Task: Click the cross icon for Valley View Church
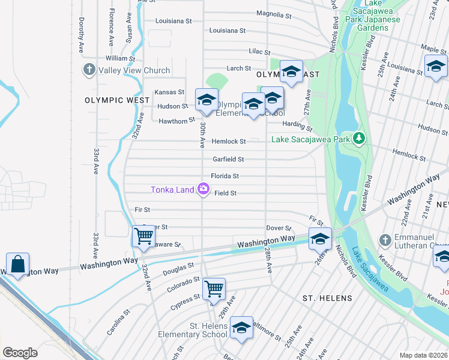89,70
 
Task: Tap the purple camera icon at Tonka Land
203,190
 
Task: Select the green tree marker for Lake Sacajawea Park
359,139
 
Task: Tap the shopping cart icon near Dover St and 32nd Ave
144,236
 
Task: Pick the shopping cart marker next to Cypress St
214,288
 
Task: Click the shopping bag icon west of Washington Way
18,263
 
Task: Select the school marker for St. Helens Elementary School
241,328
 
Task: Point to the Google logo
20,352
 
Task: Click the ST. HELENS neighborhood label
327,298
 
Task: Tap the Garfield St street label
228,160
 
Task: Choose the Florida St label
224,176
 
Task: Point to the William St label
120,59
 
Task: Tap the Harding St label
298,126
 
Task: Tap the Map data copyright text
423,355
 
